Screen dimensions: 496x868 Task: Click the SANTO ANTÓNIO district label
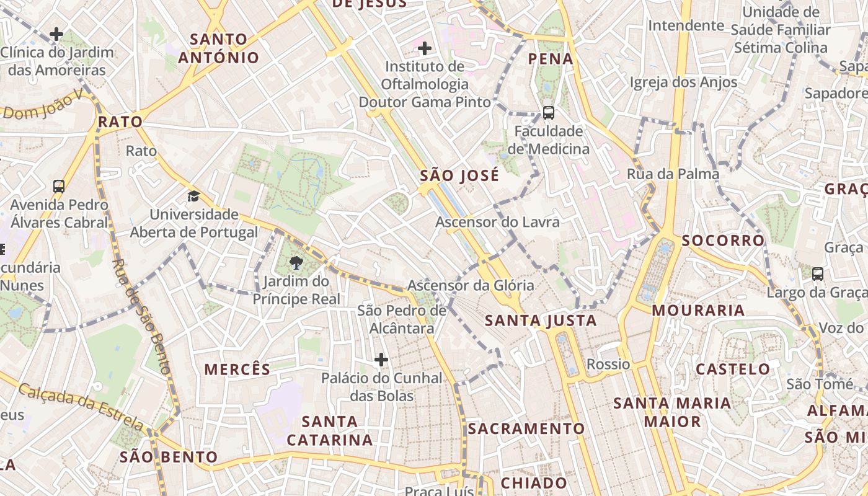coord(218,48)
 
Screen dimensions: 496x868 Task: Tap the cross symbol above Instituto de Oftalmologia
coord(425,48)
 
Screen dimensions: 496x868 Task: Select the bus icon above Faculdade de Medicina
coord(548,112)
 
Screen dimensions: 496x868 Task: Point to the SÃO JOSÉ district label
coord(459,175)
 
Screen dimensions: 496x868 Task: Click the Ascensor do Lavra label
coord(497,222)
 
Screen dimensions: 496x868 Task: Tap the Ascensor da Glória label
coord(471,285)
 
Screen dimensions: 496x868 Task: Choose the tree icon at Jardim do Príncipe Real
coord(296,263)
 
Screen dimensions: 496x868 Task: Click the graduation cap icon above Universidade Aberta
coord(194,197)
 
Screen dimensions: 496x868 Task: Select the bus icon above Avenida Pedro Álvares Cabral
coord(59,186)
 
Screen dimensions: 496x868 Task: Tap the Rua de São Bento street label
coord(141,316)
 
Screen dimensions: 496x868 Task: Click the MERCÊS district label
coord(237,370)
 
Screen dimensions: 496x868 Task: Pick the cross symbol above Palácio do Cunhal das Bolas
coord(381,360)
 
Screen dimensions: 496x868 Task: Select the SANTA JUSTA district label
coord(541,321)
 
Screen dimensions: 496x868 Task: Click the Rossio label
coord(608,364)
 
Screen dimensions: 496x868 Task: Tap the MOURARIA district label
coord(698,311)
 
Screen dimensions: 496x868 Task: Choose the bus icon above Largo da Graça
coord(818,273)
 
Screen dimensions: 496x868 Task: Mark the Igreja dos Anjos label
coord(683,82)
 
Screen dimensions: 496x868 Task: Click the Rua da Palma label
coord(673,174)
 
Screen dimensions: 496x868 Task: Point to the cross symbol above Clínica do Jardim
coord(57,33)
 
